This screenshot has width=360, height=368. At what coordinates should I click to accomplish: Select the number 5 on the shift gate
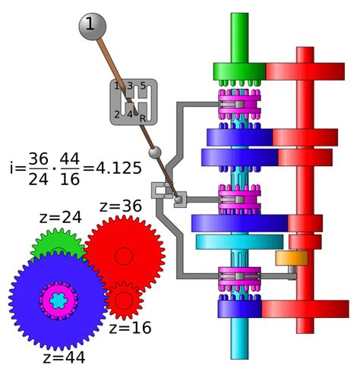pyautogui.click(x=141, y=86)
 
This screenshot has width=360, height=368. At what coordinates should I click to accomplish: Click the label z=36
pyautogui.click(x=122, y=206)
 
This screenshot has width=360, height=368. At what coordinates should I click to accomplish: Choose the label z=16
pyautogui.click(x=130, y=328)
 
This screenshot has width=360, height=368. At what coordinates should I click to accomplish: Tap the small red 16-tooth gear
pyautogui.click(x=124, y=300)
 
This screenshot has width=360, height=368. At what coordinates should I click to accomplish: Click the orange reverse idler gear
pyautogui.click(x=291, y=258)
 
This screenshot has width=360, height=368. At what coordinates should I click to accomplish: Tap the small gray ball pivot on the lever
pyautogui.click(x=154, y=153)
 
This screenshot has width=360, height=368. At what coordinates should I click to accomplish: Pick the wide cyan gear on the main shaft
pyautogui.click(x=239, y=242)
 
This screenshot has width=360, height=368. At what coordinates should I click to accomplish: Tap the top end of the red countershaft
pyautogui.click(x=305, y=52)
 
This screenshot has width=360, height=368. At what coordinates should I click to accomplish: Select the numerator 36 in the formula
pyautogui.click(x=39, y=158)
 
